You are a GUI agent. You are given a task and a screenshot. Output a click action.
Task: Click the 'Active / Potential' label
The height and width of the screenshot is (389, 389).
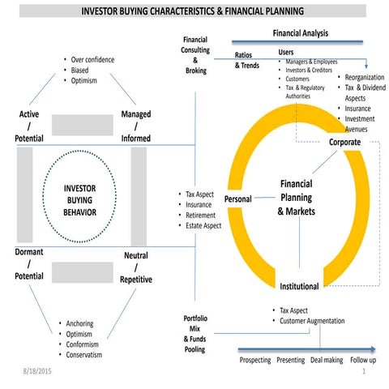29,126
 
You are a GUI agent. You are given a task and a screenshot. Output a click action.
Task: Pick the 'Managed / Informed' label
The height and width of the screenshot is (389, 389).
135,126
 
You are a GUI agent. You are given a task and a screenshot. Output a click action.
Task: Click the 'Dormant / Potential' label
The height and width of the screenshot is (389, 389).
28,265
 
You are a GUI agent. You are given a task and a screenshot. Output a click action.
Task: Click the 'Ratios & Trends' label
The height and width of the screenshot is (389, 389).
247,60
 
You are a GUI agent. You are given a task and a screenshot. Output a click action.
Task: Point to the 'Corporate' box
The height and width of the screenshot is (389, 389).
344,142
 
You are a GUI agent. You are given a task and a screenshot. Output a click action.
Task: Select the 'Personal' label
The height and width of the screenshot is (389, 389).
238,199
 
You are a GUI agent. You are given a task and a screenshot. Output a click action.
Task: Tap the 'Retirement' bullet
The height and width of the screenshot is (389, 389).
203,216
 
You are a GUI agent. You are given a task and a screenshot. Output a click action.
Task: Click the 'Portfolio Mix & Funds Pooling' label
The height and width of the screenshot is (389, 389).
194,333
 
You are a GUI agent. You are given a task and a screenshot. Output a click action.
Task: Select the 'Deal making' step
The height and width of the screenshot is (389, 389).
328,360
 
